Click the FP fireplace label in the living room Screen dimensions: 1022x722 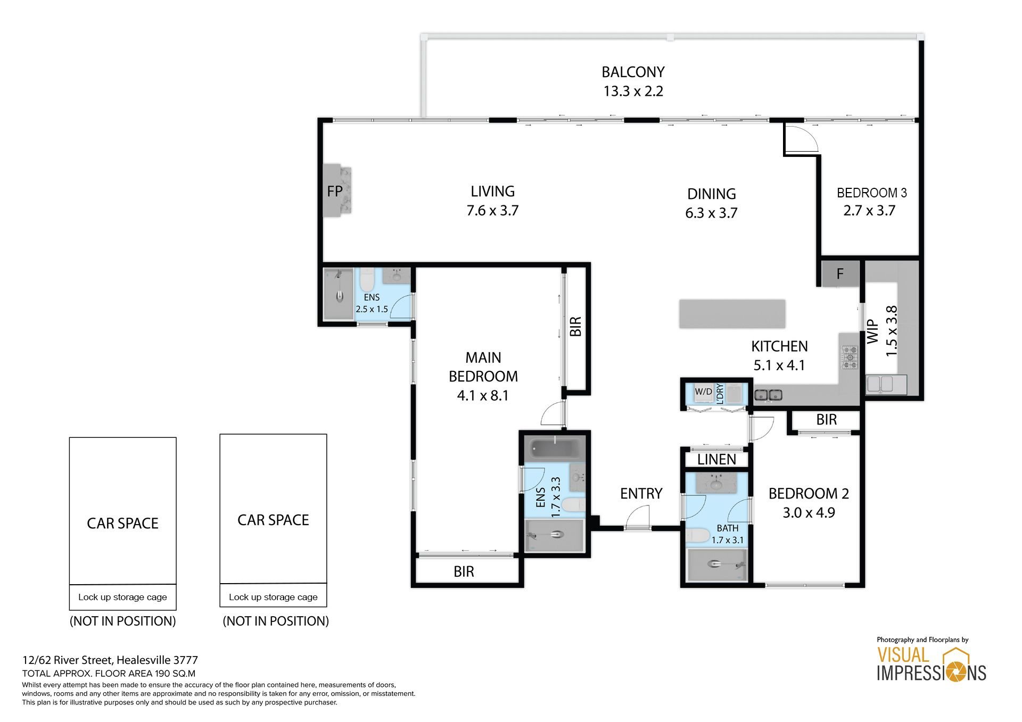pyautogui.click(x=334, y=191)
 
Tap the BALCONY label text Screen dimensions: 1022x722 pyautogui.click(x=633, y=72)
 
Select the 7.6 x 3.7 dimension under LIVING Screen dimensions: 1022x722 pyautogui.click(x=492, y=211)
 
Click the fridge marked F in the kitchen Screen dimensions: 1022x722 pyautogui.click(x=840, y=274)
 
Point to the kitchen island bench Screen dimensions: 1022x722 pyautogui.click(x=732, y=314)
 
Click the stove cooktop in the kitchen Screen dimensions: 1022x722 pyautogui.click(x=850, y=358)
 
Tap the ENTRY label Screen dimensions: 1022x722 pyautogui.click(x=641, y=494)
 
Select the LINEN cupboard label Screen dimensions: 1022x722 pyautogui.click(x=716, y=459)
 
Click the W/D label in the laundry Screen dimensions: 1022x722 pyautogui.click(x=703, y=392)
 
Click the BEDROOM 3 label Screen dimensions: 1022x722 pyautogui.click(x=871, y=193)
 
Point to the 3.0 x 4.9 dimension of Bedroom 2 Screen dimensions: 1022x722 pyautogui.click(x=809, y=513)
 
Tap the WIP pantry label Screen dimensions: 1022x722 pyautogui.click(x=872, y=331)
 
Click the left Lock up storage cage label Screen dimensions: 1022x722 pyautogui.click(x=122, y=597)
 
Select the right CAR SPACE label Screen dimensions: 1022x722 pyautogui.click(x=273, y=520)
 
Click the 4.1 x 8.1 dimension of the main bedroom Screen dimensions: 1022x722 pyautogui.click(x=483, y=396)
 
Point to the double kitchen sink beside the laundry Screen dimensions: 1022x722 pyautogui.click(x=768, y=395)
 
